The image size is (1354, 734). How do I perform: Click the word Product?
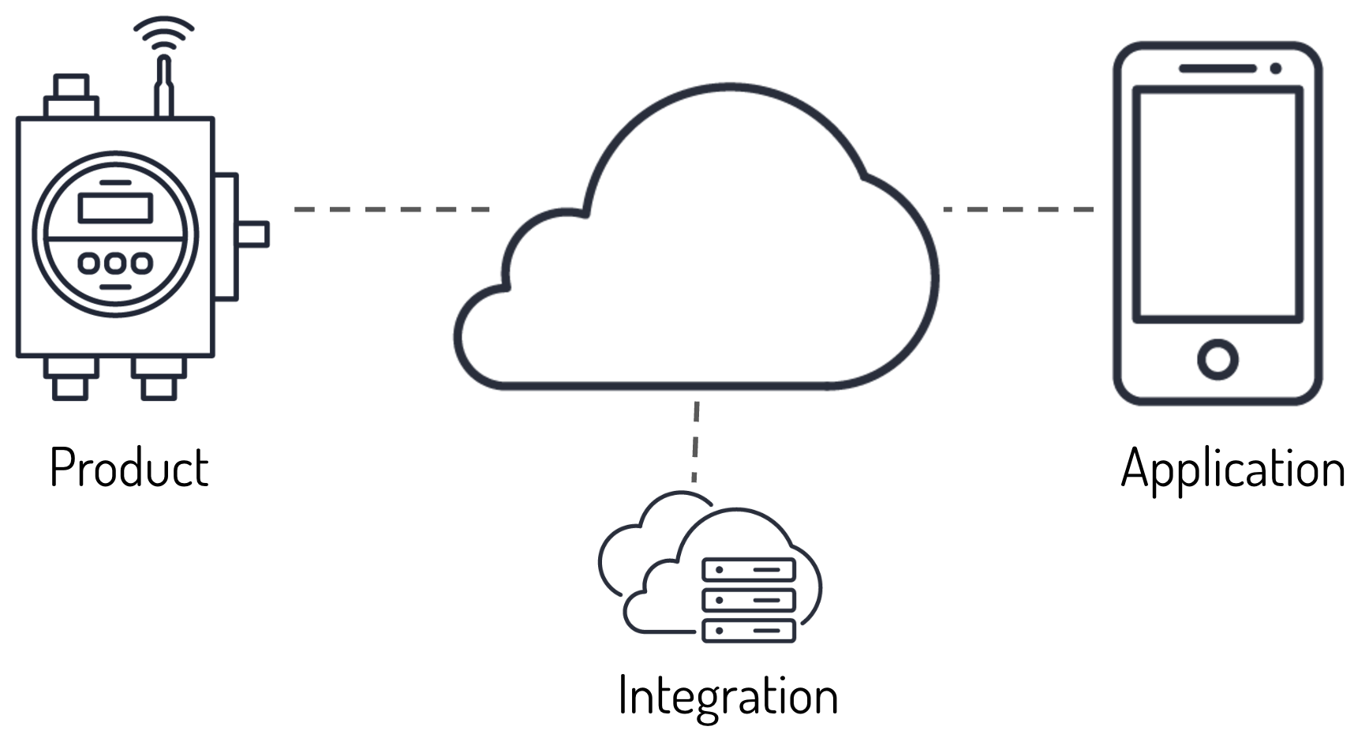[x=129, y=468]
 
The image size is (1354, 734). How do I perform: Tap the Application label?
[x=1232, y=470]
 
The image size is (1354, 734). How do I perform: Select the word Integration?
[x=727, y=696]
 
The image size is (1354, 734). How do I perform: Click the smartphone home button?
[x=1217, y=360]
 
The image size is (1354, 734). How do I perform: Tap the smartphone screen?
[x=1217, y=205]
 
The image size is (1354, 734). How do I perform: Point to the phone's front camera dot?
[x=1275, y=69]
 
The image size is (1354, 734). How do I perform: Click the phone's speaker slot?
[x=1217, y=69]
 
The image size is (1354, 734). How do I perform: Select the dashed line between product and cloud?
[x=392, y=209]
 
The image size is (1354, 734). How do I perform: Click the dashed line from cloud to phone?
[x=1018, y=209]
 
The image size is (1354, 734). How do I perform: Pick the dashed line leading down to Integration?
[x=695, y=442]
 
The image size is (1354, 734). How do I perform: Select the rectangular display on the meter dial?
[x=115, y=208]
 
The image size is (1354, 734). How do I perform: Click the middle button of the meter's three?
[x=115, y=263]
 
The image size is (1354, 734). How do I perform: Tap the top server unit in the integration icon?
[x=748, y=570]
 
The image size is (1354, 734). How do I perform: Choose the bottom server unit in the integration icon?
[x=748, y=630]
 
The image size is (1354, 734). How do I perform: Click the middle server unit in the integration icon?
[x=748, y=600]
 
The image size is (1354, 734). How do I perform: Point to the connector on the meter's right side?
[x=251, y=234]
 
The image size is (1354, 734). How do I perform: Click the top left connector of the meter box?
[x=71, y=95]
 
